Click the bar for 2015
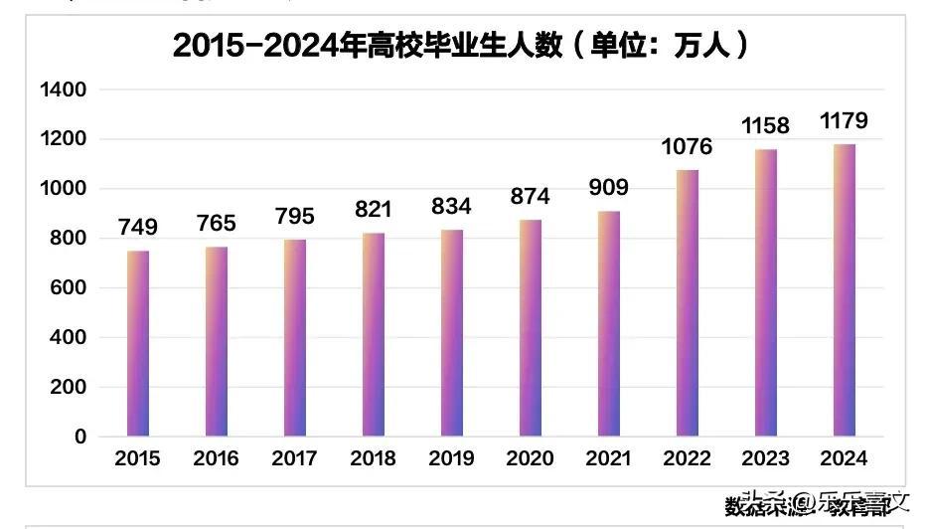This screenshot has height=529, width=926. (138, 343)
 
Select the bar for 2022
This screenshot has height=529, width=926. (688, 303)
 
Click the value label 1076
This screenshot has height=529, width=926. (688, 147)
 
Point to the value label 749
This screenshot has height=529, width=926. (138, 228)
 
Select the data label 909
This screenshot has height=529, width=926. (608, 188)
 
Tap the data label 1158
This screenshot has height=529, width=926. (765, 126)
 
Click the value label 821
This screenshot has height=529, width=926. (374, 210)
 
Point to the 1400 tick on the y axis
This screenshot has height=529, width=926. (64, 90)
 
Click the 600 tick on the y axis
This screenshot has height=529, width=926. (71, 288)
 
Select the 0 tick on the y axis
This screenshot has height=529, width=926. (80, 437)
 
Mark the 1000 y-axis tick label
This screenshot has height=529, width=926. (64, 189)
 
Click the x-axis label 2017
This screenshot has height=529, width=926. (294, 458)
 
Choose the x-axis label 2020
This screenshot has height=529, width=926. (530, 458)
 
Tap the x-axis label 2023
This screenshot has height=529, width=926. (765, 458)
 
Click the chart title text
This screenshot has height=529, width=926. (461, 46)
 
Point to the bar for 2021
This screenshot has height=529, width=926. (608, 323)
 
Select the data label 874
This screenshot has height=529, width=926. (530, 197)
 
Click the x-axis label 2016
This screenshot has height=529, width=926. (217, 458)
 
